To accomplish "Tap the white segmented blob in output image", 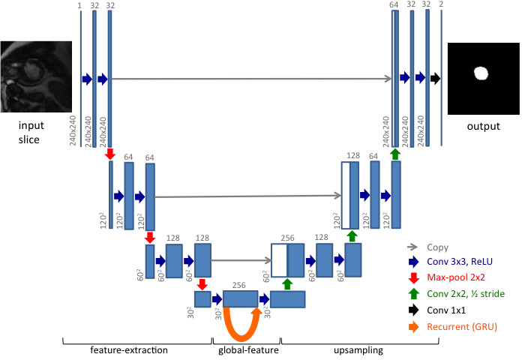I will pos(481,74).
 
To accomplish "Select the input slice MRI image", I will pos(36,77).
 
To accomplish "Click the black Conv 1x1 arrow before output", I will pos(435,78).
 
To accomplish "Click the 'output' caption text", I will pos(482,126).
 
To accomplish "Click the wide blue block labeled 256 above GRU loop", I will pos(240,298).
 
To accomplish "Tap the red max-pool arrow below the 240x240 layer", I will pos(109,154).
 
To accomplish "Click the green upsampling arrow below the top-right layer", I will pos(395,154).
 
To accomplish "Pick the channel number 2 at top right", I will pos(440,4).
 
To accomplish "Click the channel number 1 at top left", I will pos(79,4).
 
